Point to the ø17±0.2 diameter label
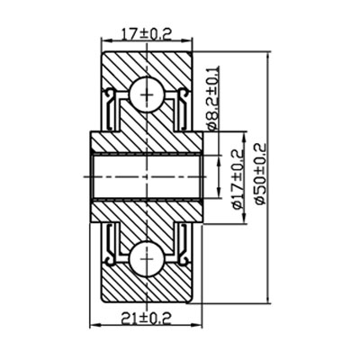[x=238, y=179]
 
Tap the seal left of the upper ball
[x=112, y=106]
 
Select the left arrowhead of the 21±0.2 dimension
[x=94, y=325]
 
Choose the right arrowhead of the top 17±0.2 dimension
[x=193, y=42]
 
